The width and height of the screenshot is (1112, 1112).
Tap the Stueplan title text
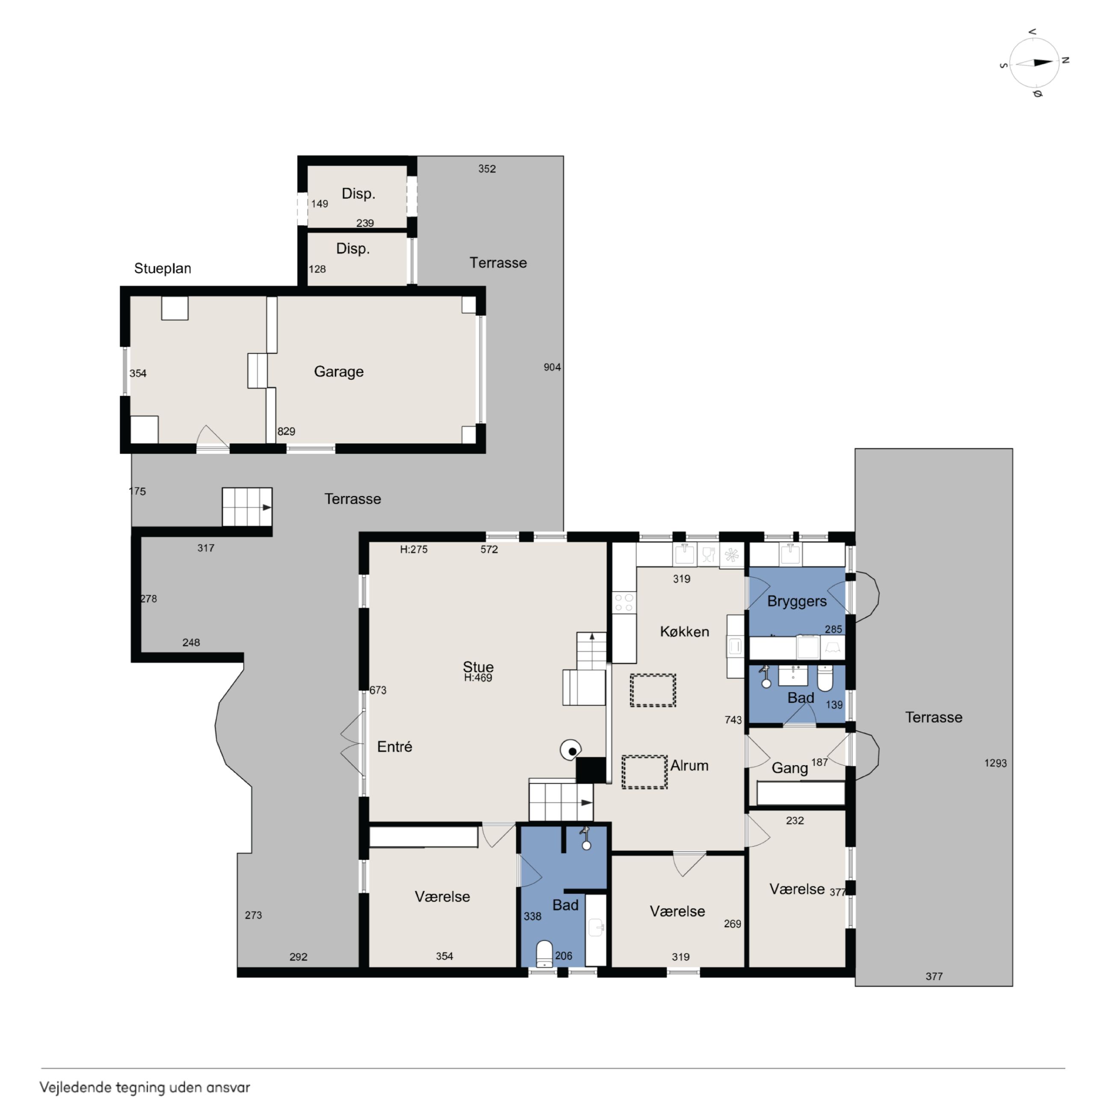pos(163,269)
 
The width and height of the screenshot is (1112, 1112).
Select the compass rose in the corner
pos(1035,63)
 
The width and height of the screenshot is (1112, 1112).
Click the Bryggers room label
pos(797,601)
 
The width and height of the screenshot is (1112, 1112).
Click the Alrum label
pos(689,766)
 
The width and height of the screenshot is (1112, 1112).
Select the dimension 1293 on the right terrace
pos(995,763)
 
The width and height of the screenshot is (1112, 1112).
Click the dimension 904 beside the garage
pos(552,367)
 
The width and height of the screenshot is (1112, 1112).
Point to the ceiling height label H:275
pos(414,549)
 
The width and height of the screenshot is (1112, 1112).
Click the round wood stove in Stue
pos(571,750)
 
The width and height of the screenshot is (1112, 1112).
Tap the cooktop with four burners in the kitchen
pos(624,603)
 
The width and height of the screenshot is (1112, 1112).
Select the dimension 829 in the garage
pos(286,432)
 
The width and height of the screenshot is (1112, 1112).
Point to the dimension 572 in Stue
pos(489,549)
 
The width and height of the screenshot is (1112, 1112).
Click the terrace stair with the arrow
pos(247,507)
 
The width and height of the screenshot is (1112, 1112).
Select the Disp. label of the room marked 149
pos(358,194)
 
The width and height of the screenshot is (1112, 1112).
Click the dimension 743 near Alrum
pos(733,720)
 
